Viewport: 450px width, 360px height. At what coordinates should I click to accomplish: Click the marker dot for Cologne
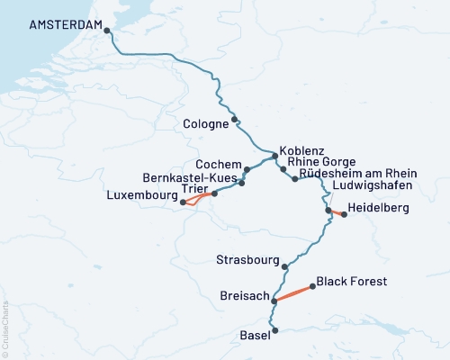235,120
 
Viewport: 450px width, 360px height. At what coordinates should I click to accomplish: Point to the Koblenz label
301,151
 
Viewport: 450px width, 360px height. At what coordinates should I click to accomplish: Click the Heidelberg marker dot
344,214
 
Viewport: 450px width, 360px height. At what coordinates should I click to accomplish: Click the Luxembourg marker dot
183,202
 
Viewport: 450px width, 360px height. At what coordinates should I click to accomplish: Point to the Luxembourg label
140,194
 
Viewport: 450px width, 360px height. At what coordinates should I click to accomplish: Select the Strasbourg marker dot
285,266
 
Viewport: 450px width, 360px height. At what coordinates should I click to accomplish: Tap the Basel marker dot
275,330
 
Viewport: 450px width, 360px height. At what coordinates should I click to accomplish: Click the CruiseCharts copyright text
5,324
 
